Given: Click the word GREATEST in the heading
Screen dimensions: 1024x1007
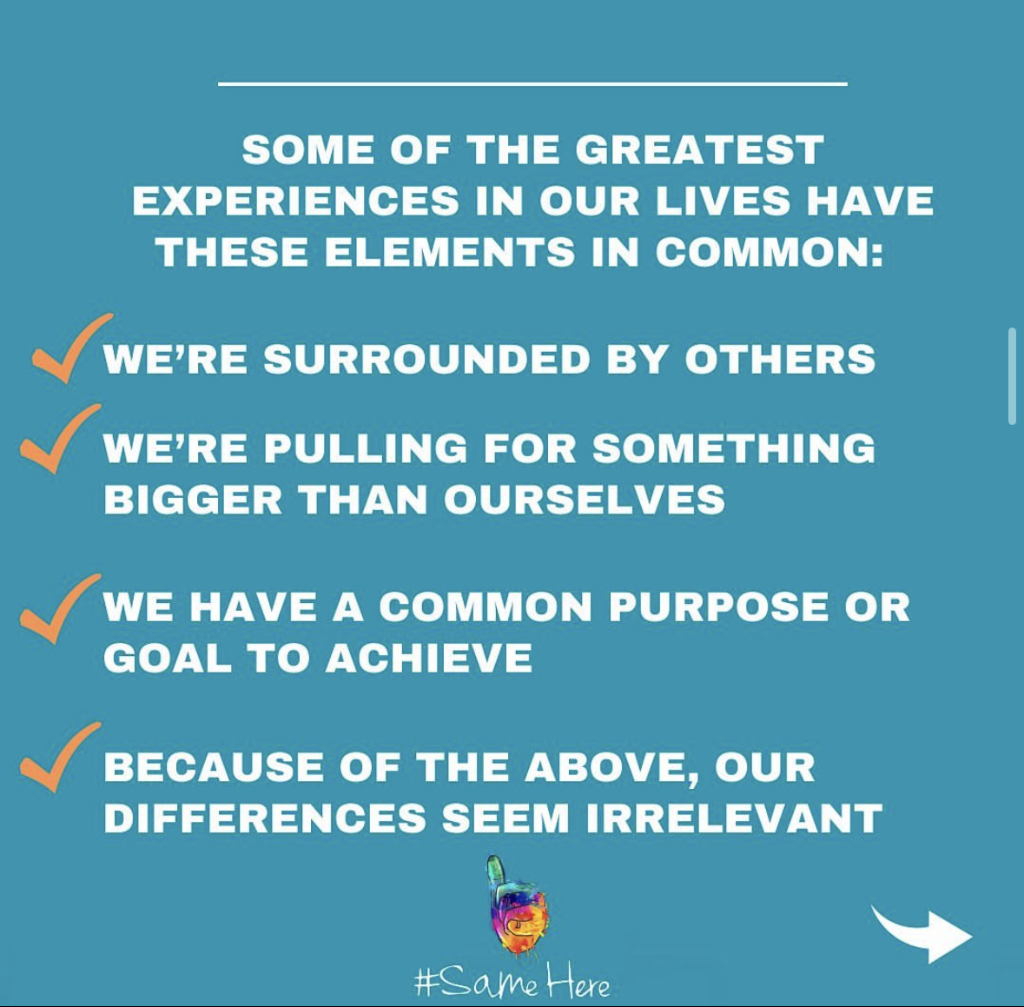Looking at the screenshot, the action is pyautogui.click(x=699, y=149).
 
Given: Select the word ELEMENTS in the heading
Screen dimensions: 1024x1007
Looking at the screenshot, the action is pyautogui.click(x=450, y=252).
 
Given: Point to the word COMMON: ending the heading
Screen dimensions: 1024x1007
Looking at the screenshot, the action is pyautogui.click(x=770, y=252).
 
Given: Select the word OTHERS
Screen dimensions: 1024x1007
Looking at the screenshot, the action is pyautogui.click(x=780, y=359).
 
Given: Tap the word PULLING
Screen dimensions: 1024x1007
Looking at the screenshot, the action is pyautogui.click(x=366, y=448).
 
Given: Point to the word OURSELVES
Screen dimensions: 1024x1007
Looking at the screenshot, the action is pyautogui.click(x=585, y=500).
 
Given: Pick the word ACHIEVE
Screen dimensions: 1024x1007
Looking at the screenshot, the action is pyautogui.click(x=429, y=658).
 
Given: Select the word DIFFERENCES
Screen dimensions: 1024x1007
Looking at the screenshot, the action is pyautogui.click(x=265, y=818).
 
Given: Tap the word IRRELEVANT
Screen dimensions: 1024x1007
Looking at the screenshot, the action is pyautogui.click(x=735, y=818).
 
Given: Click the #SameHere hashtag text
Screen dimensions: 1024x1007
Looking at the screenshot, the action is pyautogui.click(x=512, y=981).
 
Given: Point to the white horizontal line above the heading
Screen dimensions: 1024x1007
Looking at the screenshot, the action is pyautogui.click(x=533, y=83).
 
